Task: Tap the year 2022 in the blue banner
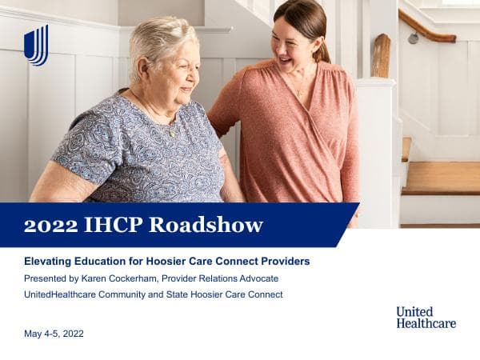pyautogui.click(x=50, y=226)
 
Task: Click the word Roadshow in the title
pyautogui.click(x=215, y=226)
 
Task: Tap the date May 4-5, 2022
pyautogui.click(x=54, y=333)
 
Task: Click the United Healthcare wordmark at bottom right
pyautogui.click(x=426, y=317)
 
